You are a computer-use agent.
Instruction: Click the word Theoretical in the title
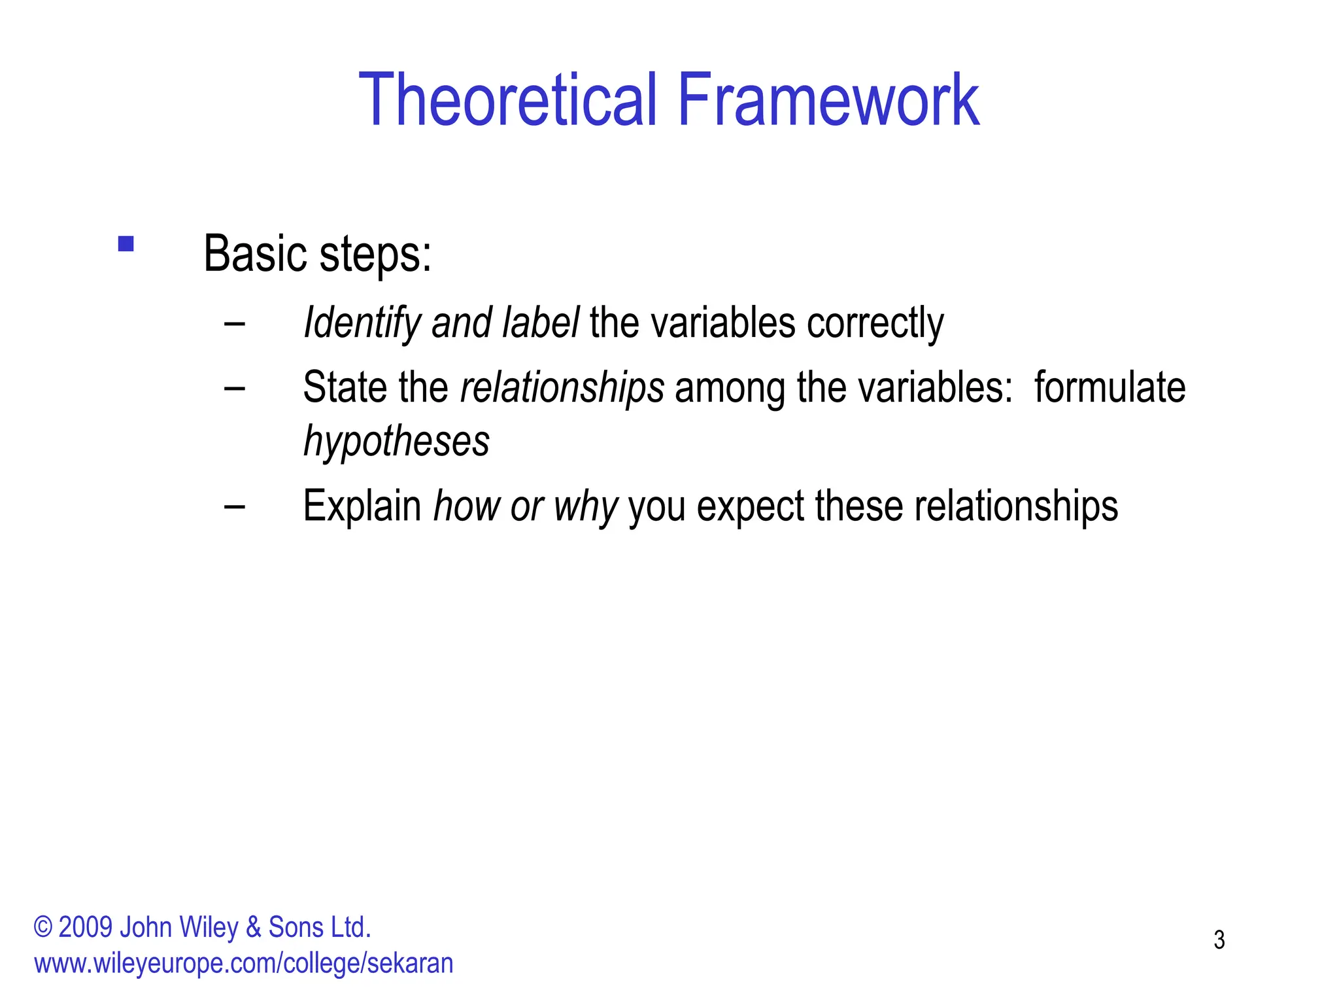tap(507, 100)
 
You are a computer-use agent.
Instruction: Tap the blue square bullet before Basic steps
tap(126, 244)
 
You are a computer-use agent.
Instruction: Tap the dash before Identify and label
tap(234, 323)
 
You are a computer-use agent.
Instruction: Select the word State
tap(345, 387)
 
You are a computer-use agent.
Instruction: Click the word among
tap(730, 387)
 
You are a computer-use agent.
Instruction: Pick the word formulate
tap(1110, 387)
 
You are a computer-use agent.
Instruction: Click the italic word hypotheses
tap(396, 441)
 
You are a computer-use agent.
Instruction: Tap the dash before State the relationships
tap(234, 387)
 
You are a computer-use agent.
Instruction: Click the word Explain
tap(362, 506)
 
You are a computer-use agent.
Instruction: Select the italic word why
tap(585, 506)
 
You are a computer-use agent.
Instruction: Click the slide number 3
tap(1219, 940)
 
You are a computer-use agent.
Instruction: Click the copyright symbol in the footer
tap(42, 928)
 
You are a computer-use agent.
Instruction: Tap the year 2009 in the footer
tap(85, 928)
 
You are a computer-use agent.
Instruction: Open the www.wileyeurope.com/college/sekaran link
tap(243, 964)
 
